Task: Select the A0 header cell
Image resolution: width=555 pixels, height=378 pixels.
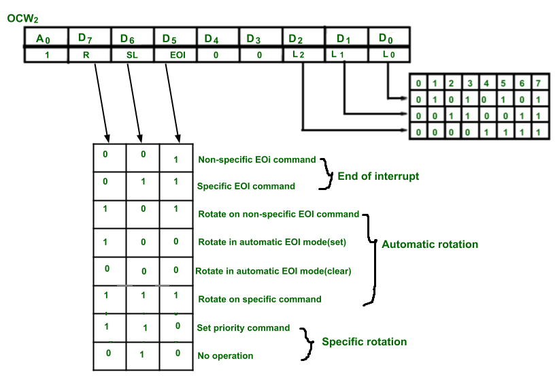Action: coord(46,38)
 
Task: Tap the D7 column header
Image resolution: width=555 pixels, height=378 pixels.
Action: coord(87,38)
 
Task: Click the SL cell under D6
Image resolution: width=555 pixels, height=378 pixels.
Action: coord(132,55)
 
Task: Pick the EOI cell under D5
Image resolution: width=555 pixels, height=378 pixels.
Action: coord(174,55)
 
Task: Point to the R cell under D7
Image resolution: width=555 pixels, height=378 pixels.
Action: coord(87,55)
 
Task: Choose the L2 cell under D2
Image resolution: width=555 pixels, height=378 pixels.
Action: coord(299,55)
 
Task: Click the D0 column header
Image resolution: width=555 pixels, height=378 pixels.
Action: coord(386,38)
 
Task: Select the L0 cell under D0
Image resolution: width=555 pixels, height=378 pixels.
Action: coord(386,55)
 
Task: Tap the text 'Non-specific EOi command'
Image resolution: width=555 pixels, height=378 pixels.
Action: coord(256,159)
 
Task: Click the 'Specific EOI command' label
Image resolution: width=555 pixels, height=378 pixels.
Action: coord(246,186)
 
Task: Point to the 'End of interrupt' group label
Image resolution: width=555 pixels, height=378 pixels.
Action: coord(378,176)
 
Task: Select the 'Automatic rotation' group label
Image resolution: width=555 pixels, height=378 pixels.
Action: coord(430,244)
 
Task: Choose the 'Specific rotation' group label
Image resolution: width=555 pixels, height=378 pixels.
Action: coord(364,341)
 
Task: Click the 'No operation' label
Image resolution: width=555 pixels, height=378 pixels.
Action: coord(225,356)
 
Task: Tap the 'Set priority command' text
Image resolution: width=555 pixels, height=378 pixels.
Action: coord(243,328)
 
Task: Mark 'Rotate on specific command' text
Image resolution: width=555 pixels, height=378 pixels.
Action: coord(259,298)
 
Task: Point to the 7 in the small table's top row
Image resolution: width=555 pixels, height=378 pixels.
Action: coord(537,84)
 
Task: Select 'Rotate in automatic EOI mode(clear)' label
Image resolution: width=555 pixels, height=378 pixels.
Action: coord(273,270)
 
